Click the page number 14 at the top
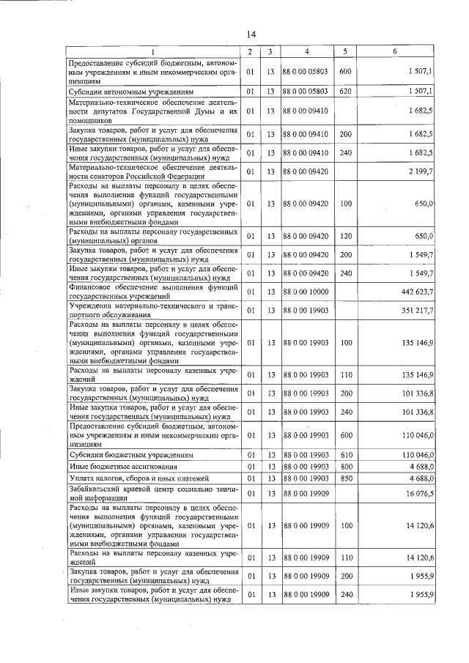tap(251, 34)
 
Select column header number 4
tap(306, 51)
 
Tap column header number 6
tap(395, 51)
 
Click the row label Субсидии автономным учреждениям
tap(130, 92)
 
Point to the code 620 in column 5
tap(346, 92)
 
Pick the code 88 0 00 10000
tap(306, 292)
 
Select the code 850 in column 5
tap(346, 478)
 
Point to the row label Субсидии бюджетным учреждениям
tap(130, 455)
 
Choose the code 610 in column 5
tap(346, 455)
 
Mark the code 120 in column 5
tap(346, 237)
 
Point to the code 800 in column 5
tap(346, 466)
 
